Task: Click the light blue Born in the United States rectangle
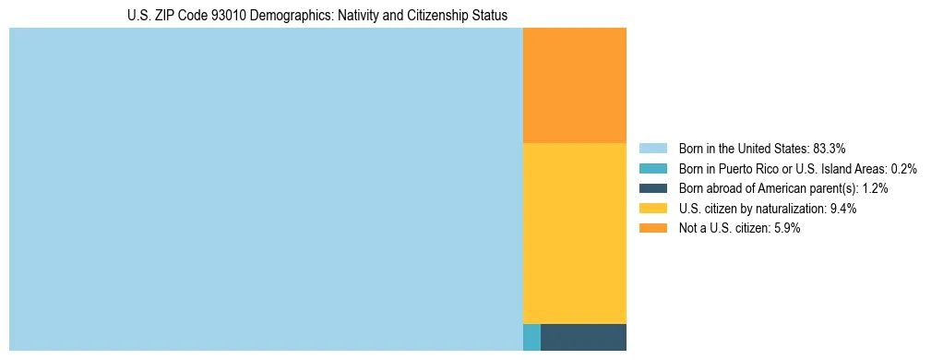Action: click(266, 189)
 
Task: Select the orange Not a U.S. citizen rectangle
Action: click(574, 85)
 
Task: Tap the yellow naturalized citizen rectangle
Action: click(574, 233)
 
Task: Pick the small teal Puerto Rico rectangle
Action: click(531, 337)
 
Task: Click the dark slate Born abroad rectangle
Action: click(583, 337)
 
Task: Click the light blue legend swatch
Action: click(652, 148)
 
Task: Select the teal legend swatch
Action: click(652, 168)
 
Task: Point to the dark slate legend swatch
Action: click(652, 188)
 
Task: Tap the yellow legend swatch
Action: click(652, 209)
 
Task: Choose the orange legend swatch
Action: click(652, 228)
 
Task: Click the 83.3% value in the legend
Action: click(830, 148)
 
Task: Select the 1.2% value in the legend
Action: click(876, 188)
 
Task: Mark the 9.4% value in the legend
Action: click(843, 209)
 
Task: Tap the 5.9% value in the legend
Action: click(785, 228)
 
